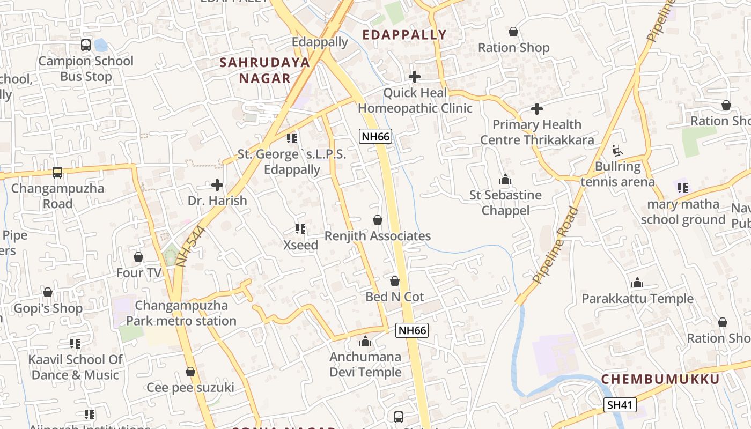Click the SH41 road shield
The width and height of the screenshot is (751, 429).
click(x=620, y=405)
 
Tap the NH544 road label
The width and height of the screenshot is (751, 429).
click(x=190, y=247)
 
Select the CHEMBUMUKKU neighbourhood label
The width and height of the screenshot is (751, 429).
click(x=660, y=379)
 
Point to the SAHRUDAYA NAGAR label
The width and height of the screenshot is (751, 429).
click(x=265, y=70)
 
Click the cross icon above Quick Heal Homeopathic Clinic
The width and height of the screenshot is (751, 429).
click(x=415, y=77)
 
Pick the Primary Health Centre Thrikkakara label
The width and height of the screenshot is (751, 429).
click(x=537, y=132)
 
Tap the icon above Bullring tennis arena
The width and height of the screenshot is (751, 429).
click(x=618, y=150)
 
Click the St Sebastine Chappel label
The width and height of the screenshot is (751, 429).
click(x=505, y=203)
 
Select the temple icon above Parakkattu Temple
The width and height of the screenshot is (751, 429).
click(x=637, y=283)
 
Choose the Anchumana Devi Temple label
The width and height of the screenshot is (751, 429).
click(x=365, y=365)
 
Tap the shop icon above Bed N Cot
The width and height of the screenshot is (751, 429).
click(x=395, y=281)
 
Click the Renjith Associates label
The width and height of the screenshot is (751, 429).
click(x=378, y=236)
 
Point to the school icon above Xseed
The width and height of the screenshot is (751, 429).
click(x=300, y=229)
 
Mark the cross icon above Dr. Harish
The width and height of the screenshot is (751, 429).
click(x=217, y=185)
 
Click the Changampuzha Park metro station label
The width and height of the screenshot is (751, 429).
click(x=181, y=313)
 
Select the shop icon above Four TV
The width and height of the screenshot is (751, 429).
click(x=138, y=257)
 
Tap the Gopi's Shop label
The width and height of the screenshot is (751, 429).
click(x=48, y=308)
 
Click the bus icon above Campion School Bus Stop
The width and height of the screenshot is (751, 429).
click(x=86, y=45)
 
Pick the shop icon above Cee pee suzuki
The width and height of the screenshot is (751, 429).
click(x=190, y=372)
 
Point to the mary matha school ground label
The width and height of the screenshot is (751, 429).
click(x=683, y=212)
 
